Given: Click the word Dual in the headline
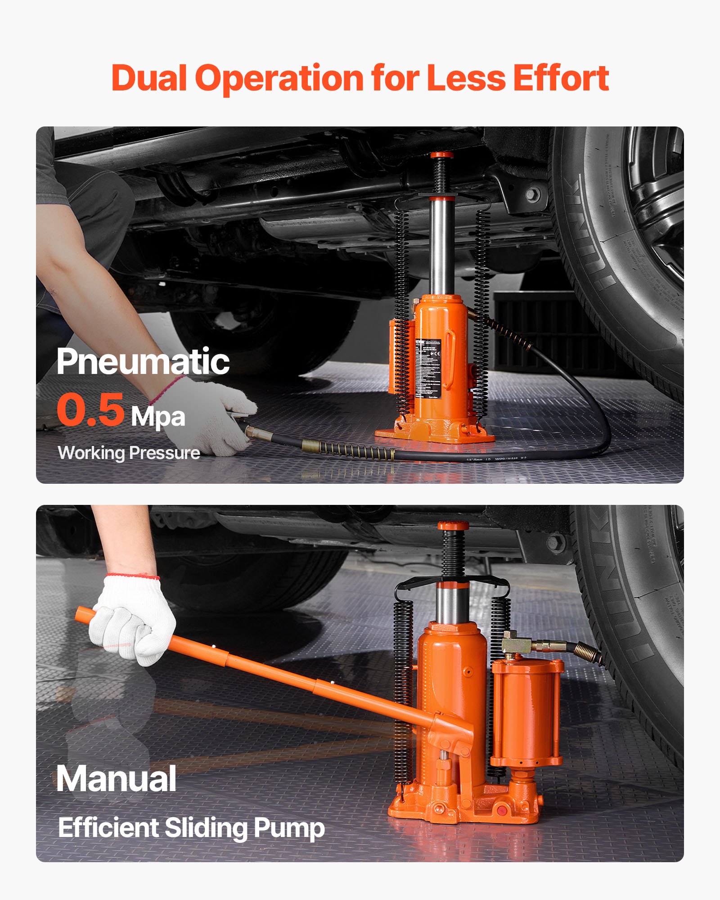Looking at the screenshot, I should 148,78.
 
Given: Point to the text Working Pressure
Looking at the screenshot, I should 129,453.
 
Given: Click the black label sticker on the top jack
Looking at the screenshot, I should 427,368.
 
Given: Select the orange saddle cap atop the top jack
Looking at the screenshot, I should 441,155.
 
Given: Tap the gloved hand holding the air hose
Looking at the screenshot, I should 211,414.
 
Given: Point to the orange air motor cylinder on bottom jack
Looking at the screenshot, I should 526,711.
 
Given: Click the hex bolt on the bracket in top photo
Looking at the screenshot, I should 533,194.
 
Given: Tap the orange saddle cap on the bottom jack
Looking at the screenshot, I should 453,526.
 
